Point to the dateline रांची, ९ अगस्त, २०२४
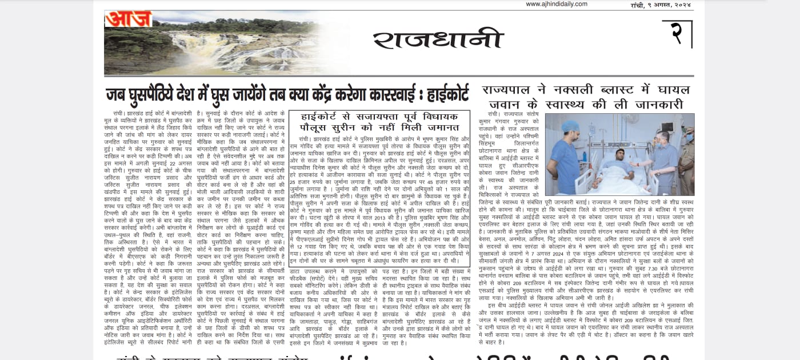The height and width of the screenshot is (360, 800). click(x=657, y=5)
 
